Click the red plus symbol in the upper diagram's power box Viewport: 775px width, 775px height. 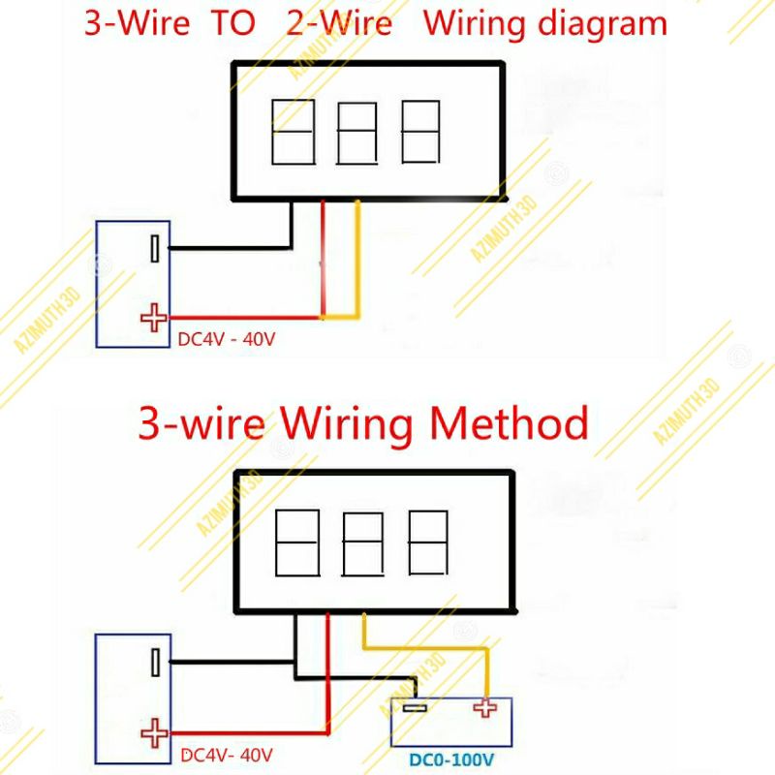pyautogui.click(x=153, y=317)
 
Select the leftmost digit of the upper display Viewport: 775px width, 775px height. pyautogui.click(x=292, y=132)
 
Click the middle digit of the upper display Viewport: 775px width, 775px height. pyautogui.click(x=356, y=133)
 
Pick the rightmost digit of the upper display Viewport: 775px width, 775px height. pyautogui.click(x=419, y=132)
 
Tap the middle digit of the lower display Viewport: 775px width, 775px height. pyautogui.click(x=363, y=543)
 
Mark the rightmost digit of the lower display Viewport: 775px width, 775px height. pyautogui.click(x=426, y=542)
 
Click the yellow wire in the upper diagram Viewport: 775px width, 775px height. pyautogui.click(x=358, y=262)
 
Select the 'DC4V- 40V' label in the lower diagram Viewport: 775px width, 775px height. pyautogui.click(x=226, y=754)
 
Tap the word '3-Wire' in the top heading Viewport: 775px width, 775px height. pyautogui.click(x=127, y=23)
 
